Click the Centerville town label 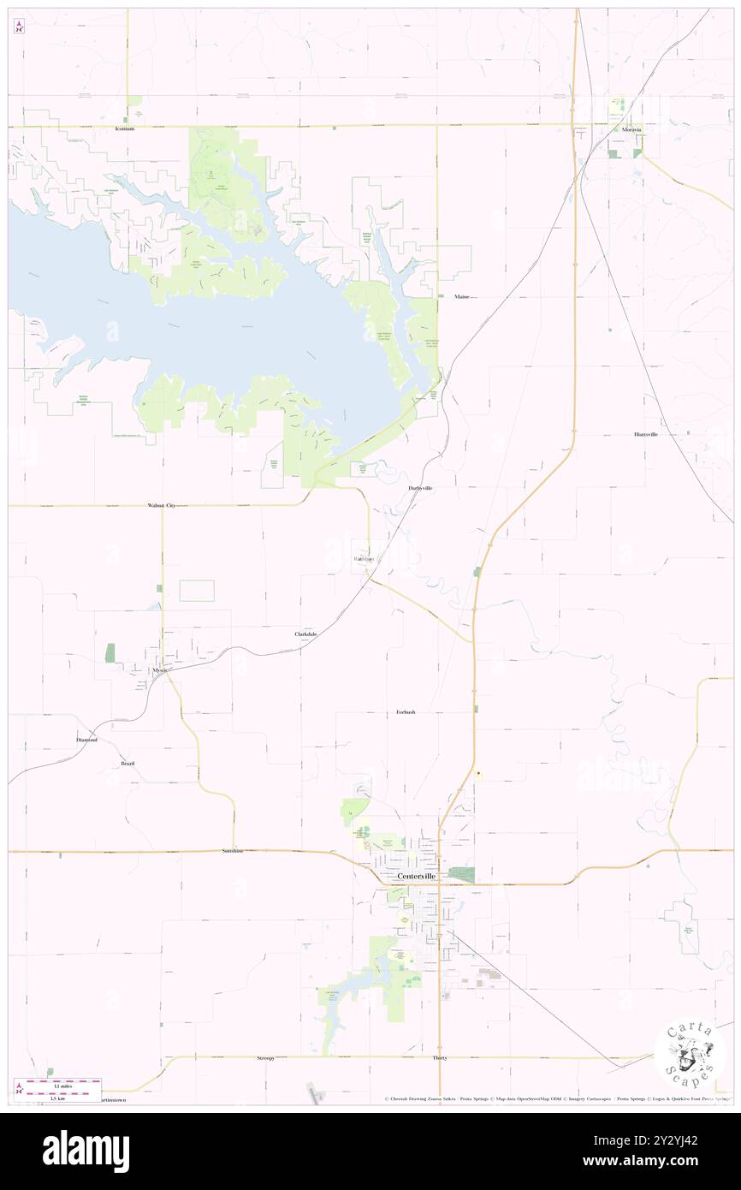click(417, 877)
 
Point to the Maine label click(462, 296)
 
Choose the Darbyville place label click(419, 487)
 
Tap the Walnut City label click(161, 506)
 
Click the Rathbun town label click(365, 559)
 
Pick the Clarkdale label click(306, 634)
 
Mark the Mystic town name click(160, 670)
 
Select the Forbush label click(406, 712)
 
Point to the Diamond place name click(87, 739)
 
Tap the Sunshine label click(232, 851)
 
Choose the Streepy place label click(265, 1058)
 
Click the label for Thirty click(440, 1058)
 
